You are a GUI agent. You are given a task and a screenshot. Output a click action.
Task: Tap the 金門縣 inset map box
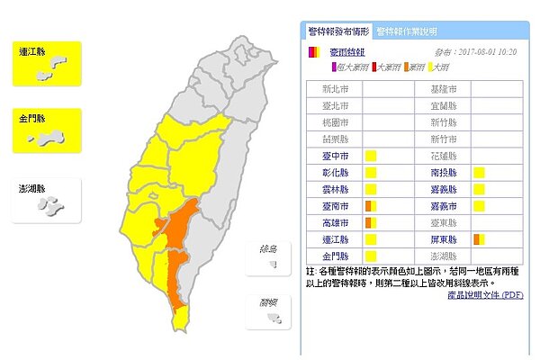pos(47,131)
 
